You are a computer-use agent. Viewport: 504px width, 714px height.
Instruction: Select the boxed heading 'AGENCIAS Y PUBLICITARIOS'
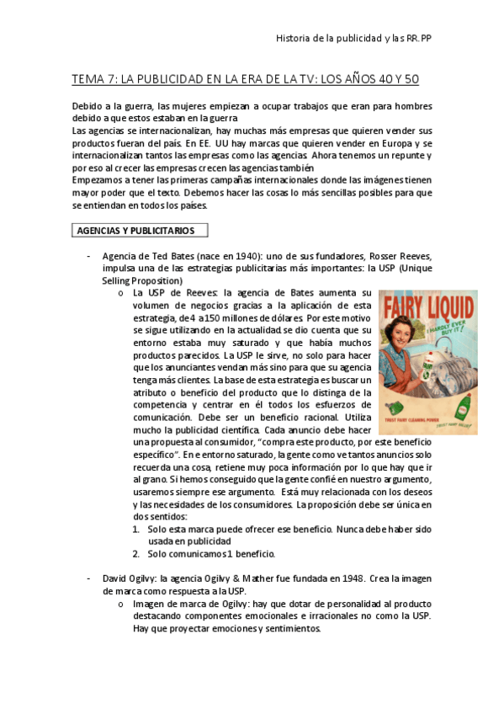[x=135, y=230]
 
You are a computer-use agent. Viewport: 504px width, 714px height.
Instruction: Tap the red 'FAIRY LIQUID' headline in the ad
[x=428, y=305]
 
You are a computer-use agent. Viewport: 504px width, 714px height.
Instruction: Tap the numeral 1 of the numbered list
[x=136, y=529]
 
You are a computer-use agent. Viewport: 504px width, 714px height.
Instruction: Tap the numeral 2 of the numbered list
[x=136, y=553]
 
